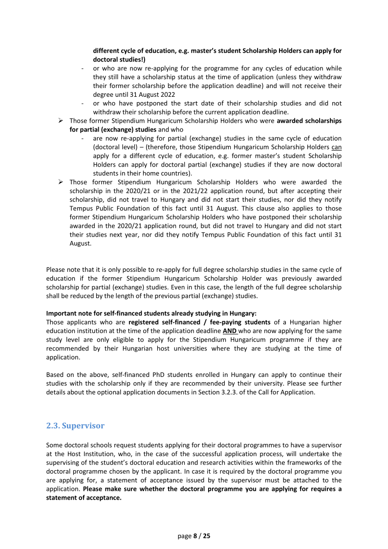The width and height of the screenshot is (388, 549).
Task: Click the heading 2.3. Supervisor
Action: (75, 426)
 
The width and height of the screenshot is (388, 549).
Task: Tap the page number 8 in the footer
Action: (195, 536)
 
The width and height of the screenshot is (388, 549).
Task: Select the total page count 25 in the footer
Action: (207, 536)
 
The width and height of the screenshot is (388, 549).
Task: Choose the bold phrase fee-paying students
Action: (238, 322)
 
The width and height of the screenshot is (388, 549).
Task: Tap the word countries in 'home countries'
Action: (176, 174)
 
